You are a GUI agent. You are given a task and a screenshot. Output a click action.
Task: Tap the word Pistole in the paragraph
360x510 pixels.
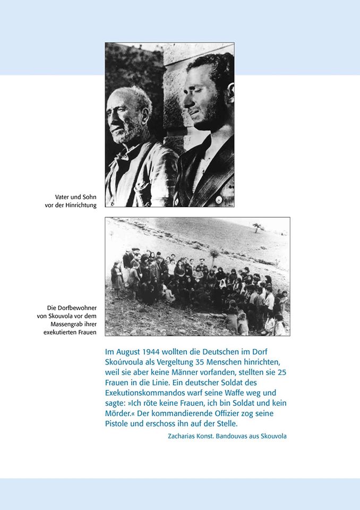[x=118, y=423]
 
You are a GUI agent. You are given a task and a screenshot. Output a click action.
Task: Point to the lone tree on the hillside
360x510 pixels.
[x=258, y=227]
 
